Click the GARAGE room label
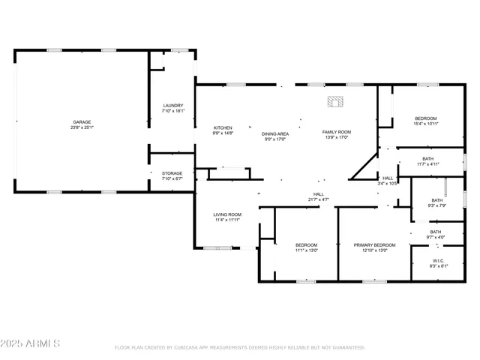click(82, 121)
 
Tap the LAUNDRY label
click(172, 106)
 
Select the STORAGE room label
click(172, 173)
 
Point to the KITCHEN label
click(223, 127)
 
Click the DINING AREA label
click(275, 133)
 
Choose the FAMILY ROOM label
click(337, 132)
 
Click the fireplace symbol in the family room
click(334, 101)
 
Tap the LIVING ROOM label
click(227, 214)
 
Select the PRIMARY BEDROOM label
click(374, 245)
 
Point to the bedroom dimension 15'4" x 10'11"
click(426, 124)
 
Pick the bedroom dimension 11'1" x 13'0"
click(306, 250)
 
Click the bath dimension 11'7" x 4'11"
click(427, 163)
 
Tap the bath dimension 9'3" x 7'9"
click(436, 205)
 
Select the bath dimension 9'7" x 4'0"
click(436, 237)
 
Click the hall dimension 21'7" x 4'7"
click(318, 199)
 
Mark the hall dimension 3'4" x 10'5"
click(388, 183)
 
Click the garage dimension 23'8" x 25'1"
click(82, 127)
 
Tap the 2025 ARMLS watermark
click(31, 343)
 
